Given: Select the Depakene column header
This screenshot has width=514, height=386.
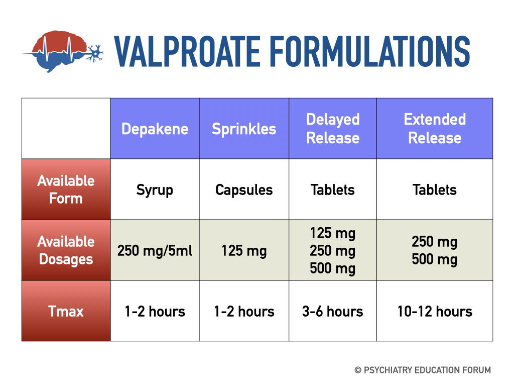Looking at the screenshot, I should point(155,129).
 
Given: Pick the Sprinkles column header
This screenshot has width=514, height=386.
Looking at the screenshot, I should point(244,129).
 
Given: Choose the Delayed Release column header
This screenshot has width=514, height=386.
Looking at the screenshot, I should point(333,129).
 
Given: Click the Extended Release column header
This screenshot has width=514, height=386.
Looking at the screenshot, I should point(435,129).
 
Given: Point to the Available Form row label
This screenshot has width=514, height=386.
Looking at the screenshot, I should point(66,189).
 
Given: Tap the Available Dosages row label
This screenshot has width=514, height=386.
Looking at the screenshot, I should point(66,250).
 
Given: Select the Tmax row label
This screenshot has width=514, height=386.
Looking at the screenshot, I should point(66,311).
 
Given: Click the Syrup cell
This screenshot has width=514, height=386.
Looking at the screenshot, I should point(155,190).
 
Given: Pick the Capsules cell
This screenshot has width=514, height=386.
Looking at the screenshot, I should point(244,190).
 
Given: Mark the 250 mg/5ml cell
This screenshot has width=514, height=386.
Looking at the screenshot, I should point(155,250).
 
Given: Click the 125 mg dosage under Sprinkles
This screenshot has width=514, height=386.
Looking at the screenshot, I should point(244,250).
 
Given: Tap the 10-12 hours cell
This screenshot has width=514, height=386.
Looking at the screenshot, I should point(435,311).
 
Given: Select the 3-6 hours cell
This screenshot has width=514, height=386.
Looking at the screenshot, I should point(333,311).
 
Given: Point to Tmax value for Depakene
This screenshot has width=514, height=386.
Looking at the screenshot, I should point(155,311).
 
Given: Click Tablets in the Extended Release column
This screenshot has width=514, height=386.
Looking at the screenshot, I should point(435,190).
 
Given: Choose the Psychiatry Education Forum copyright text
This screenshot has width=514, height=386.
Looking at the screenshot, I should point(423,370).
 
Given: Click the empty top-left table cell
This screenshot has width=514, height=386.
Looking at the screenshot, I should point(66,129).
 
